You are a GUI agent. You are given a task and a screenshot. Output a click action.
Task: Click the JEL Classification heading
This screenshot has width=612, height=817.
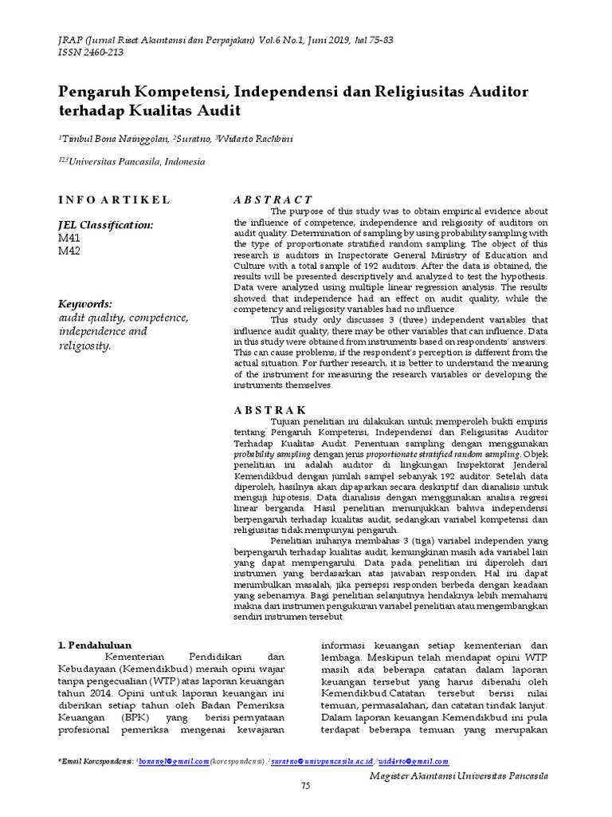(x=106, y=226)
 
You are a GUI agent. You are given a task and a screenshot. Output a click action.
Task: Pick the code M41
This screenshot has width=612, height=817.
(x=70, y=239)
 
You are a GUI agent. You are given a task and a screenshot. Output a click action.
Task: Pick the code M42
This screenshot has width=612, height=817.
(x=70, y=251)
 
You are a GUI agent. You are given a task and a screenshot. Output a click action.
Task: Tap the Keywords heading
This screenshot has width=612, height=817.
(x=85, y=304)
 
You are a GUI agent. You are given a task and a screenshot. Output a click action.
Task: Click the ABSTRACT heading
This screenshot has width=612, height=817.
(x=273, y=199)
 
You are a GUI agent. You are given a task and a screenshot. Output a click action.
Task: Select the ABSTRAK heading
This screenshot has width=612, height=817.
(x=269, y=409)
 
